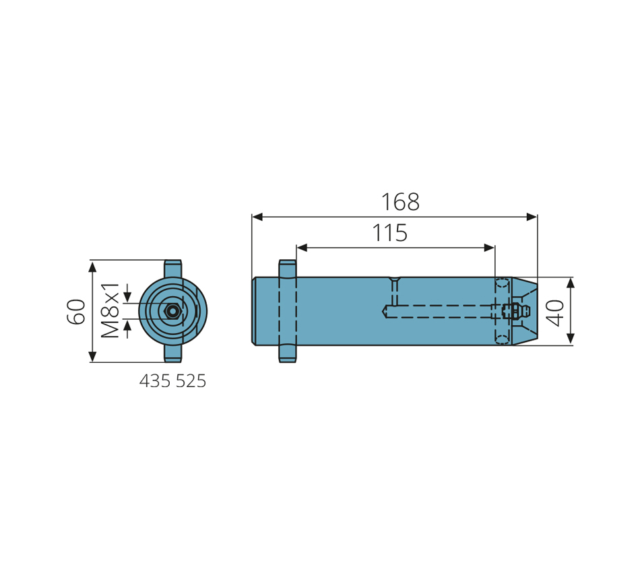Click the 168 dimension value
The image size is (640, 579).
(x=400, y=201)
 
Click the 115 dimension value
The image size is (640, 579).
(x=390, y=232)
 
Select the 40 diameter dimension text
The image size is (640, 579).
(x=555, y=313)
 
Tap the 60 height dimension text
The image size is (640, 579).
(x=76, y=311)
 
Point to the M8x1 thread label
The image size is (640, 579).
(x=110, y=310)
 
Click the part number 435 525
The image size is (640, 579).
(x=172, y=381)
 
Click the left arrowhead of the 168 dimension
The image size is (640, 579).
(x=257, y=217)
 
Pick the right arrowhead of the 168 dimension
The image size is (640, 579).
(x=532, y=217)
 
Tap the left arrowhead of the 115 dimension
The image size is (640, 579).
(x=302, y=248)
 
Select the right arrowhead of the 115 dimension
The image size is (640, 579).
(x=489, y=248)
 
